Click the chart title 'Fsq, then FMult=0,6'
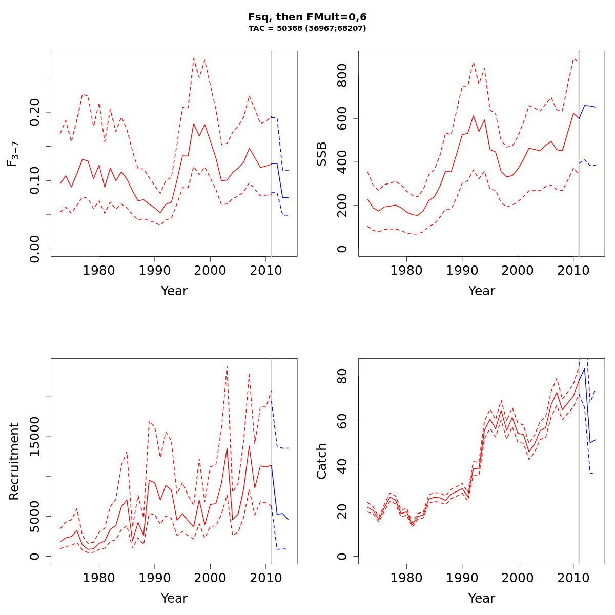[x=307, y=17]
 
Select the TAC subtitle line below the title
[x=307, y=29]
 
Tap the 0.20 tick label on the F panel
[x=35, y=112]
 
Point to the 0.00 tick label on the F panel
[x=35, y=249]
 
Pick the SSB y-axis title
[x=322, y=154]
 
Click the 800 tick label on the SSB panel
[x=342, y=75]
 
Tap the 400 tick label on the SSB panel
[x=342, y=162]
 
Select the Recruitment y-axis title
[x=14, y=461]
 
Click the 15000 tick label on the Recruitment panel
[x=35, y=437]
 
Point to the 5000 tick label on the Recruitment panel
[x=35, y=517]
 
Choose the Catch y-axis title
[x=322, y=461]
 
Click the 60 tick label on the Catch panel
[x=342, y=421]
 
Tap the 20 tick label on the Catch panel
[x=342, y=511]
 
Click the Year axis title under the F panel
[x=174, y=291]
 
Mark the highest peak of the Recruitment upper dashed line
[x=227, y=366]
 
